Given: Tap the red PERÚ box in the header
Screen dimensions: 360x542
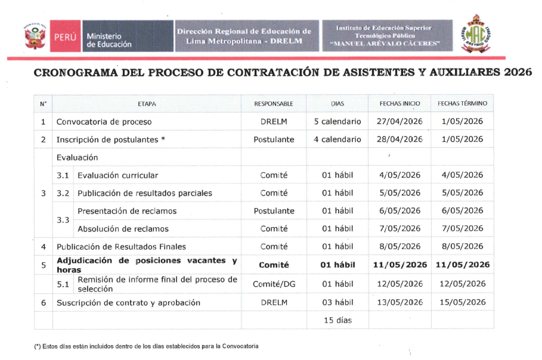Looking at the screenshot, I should (x=64, y=36).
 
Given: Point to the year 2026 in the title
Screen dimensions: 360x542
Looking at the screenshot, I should (x=518, y=74).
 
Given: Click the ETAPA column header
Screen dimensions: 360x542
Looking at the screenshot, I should (x=147, y=104).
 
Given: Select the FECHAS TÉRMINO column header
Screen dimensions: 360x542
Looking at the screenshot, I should (x=462, y=104).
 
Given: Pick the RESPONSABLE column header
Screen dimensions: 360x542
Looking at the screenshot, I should (x=274, y=104).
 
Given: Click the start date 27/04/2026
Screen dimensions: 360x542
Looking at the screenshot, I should (x=399, y=122).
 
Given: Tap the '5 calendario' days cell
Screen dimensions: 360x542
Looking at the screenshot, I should (x=337, y=122).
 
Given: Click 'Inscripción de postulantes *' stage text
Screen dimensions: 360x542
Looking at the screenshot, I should (x=111, y=139).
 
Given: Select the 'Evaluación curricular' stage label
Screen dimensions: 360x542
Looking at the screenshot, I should (x=117, y=175).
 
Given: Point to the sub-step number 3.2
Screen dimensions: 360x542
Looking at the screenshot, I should (x=63, y=193).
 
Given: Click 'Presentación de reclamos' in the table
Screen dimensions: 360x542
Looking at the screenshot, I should (x=127, y=211).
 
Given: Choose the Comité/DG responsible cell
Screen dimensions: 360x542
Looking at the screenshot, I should (x=274, y=284).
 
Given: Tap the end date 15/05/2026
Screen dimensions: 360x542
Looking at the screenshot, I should (x=462, y=302).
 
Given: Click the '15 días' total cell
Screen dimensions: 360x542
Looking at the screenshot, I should (x=337, y=320).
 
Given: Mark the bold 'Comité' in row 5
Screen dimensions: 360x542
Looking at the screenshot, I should (x=274, y=265).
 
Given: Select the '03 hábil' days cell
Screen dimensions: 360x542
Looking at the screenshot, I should (x=337, y=302).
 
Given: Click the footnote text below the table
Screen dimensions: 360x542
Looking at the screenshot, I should (x=147, y=346).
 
